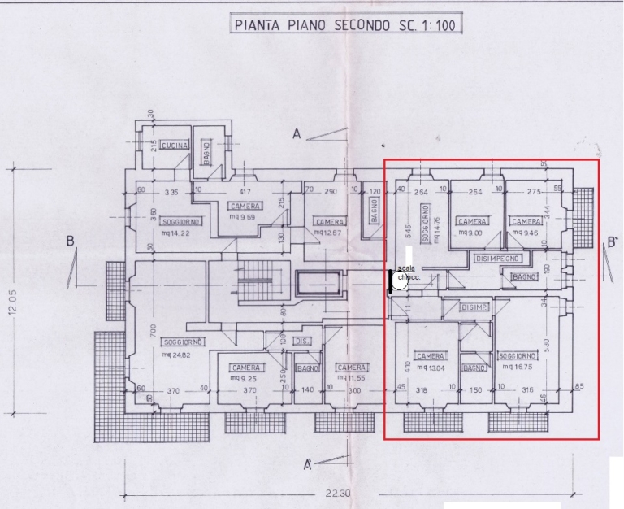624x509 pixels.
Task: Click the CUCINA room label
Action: (x=174, y=145)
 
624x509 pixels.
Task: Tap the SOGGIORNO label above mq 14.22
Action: (x=180, y=221)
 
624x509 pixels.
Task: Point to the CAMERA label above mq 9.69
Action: (x=245, y=207)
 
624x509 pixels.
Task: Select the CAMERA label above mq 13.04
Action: (x=430, y=356)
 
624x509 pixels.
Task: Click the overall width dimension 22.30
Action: (x=340, y=493)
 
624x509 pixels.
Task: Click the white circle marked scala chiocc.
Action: (x=401, y=282)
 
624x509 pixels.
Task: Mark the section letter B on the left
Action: (x=71, y=241)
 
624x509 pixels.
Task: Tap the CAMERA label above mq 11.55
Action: (x=351, y=367)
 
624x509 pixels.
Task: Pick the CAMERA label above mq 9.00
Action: (x=472, y=221)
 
